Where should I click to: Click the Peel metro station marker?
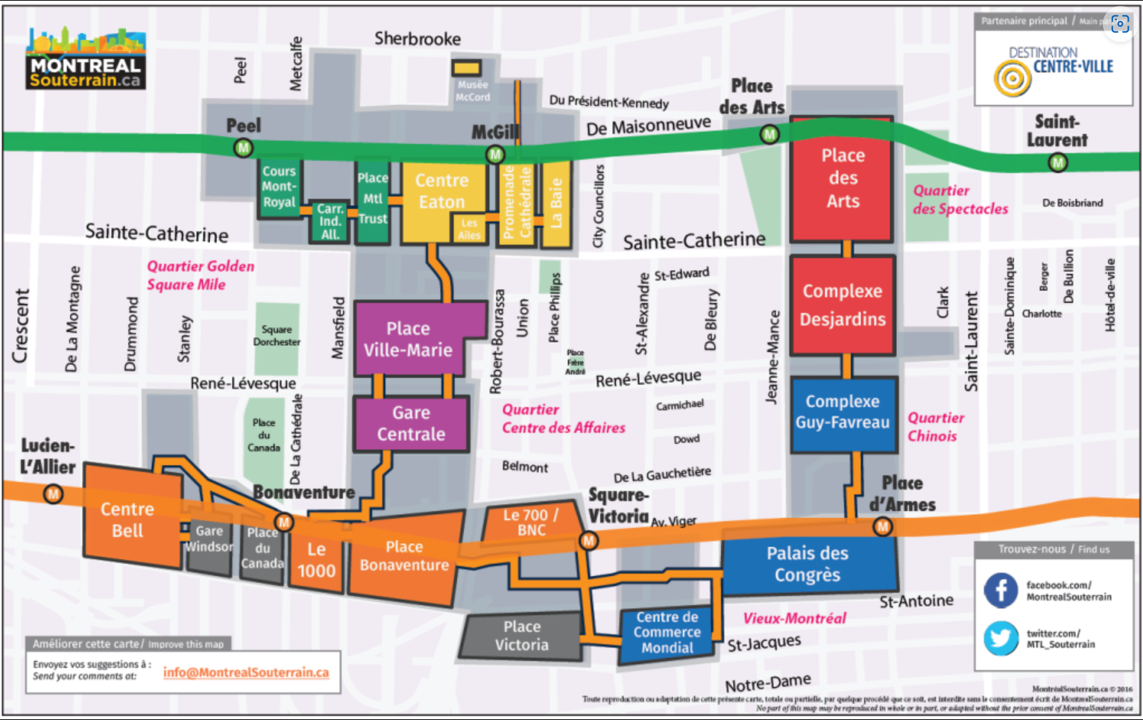(x=243, y=148)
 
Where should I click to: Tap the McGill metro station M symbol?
(x=495, y=154)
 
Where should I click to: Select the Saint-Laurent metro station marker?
(x=1057, y=162)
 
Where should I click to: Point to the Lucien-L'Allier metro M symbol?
(x=53, y=494)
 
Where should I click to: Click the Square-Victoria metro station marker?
(x=588, y=540)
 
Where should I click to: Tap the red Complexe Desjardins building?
(x=843, y=305)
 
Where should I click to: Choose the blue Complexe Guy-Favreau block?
(x=843, y=413)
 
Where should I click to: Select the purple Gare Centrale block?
(x=411, y=424)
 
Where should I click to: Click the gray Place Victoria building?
(x=521, y=636)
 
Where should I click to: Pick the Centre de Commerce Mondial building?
(x=667, y=633)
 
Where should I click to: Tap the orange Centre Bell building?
(x=128, y=519)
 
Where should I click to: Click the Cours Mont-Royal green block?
(x=279, y=187)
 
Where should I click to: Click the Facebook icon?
(x=1001, y=590)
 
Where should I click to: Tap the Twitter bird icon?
(x=1001, y=639)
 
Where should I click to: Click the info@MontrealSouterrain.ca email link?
(x=245, y=672)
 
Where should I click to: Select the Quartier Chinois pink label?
(x=935, y=427)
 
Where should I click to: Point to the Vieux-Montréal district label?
(x=794, y=619)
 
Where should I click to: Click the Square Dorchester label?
(x=277, y=336)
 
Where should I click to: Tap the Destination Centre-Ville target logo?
(x=1012, y=78)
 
